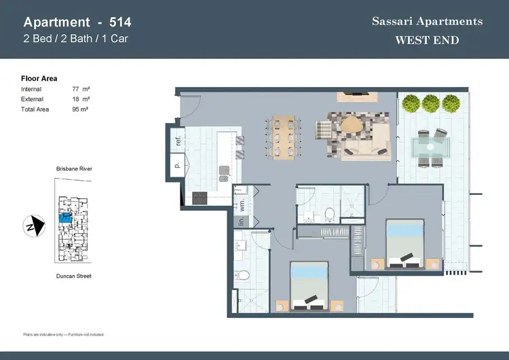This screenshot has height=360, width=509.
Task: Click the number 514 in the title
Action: click(x=121, y=22)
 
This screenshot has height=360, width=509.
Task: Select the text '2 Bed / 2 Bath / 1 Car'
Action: click(x=75, y=38)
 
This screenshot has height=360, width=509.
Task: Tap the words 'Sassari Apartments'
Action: click(x=427, y=21)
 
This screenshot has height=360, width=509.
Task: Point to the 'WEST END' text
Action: click(x=427, y=40)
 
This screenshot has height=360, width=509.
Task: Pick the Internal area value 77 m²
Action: click(x=81, y=89)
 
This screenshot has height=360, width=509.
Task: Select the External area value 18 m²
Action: click(x=81, y=98)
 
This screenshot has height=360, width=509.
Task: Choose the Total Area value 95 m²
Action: click(x=81, y=109)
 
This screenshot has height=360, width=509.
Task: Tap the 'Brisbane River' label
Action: click(x=75, y=168)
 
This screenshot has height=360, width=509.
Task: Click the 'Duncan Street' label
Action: click(x=74, y=276)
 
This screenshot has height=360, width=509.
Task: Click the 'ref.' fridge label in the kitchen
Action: click(x=178, y=141)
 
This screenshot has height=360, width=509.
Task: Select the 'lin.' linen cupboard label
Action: click(x=241, y=221)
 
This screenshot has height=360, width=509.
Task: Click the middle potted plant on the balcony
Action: click(x=430, y=103)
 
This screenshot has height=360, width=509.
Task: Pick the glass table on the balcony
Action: click(x=432, y=146)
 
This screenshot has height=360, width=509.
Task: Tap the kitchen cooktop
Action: click(x=199, y=198)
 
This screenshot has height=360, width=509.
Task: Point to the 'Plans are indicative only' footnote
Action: click(x=63, y=335)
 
